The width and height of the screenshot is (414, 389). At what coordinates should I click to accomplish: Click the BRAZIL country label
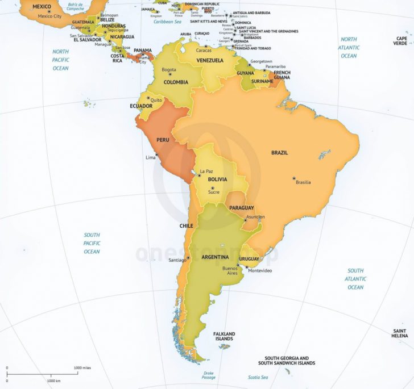(279, 153)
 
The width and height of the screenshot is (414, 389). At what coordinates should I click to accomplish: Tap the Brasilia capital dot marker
(294, 178)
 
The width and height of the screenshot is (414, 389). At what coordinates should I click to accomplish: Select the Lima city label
(151, 157)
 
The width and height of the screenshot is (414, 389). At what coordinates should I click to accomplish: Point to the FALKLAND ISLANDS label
(224, 336)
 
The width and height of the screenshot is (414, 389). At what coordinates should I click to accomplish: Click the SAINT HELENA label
(400, 333)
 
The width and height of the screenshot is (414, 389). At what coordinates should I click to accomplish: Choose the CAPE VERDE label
(401, 40)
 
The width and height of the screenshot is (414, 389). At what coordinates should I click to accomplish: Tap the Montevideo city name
(259, 270)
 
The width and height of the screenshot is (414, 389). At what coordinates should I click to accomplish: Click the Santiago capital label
(177, 260)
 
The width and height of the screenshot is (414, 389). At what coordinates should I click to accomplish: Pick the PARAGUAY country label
(242, 208)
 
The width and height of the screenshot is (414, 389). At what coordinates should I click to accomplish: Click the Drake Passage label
(209, 375)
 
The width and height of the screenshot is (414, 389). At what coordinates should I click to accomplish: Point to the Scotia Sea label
(258, 377)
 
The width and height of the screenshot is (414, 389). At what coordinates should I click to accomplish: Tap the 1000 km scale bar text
(54, 380)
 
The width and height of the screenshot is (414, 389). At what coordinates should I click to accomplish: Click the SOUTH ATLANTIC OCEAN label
(355, 279)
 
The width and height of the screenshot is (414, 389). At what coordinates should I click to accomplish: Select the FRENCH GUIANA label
(282, 76)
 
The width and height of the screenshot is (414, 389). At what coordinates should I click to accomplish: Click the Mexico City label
(49, 16)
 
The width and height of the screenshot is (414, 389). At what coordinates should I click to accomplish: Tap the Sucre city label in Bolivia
(214, 192)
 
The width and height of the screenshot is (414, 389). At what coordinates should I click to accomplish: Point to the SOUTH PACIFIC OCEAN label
(92, 243)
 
